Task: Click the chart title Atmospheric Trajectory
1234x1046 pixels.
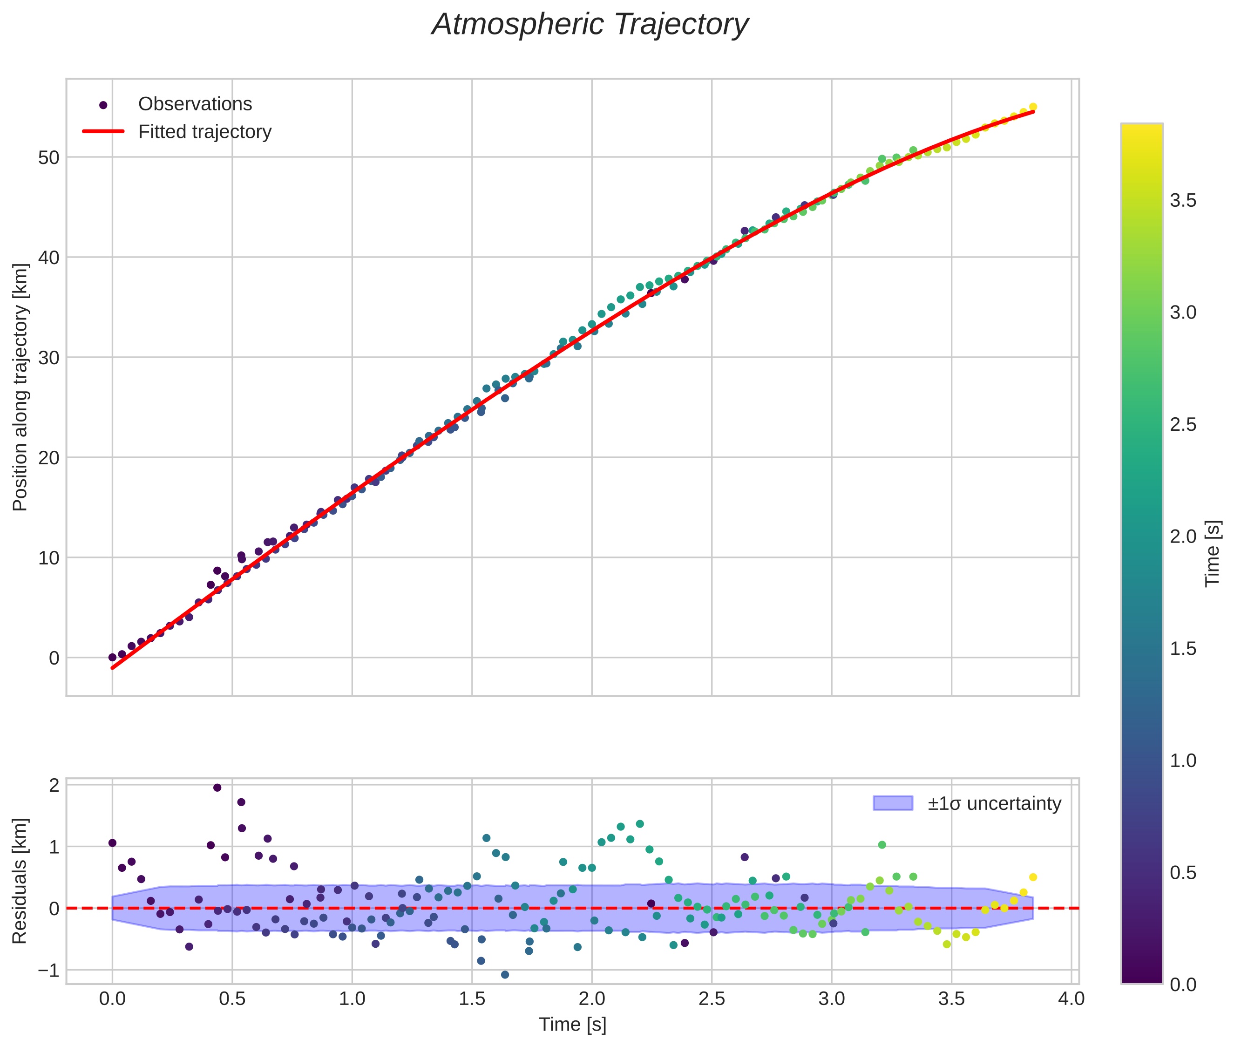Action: pos(590,25)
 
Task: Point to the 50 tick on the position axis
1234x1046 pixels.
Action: pos(48,158)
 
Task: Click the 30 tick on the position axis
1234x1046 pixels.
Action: pos(48,358)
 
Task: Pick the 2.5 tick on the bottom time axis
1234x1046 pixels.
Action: pos(712,998)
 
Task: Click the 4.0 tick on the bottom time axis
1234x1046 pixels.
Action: pos(1071,998)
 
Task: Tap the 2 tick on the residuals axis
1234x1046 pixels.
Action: pos(54,786)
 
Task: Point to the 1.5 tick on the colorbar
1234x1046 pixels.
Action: pos(1183,649)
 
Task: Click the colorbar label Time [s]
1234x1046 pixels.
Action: pos(1213,553)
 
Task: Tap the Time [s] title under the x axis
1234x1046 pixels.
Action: pos(572,1025)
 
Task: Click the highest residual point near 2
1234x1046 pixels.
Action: pos(217,788)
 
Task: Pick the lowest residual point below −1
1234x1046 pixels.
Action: pos(505,974)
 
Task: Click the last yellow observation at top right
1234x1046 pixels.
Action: pos(1032,107)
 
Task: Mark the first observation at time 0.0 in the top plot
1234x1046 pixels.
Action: pos(112,657)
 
